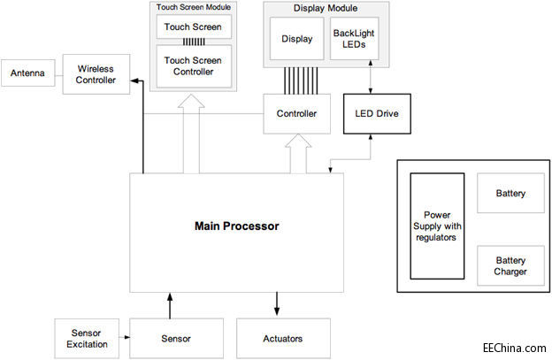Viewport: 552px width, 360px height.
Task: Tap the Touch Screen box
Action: pyautogui.click(x=194, y=27)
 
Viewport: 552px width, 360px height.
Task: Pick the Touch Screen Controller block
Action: pyautogui.click(x=194, y=66)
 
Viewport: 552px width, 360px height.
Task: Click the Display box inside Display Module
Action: pyautogui.click(x=297, y=39)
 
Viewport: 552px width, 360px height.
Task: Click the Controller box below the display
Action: pyautogui.click(x=296, y=114)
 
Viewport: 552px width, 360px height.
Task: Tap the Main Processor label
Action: pyautogui.click(x=236, y=226)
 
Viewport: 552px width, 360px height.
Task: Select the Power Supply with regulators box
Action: pyautogui.click(x=437, y=227)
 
